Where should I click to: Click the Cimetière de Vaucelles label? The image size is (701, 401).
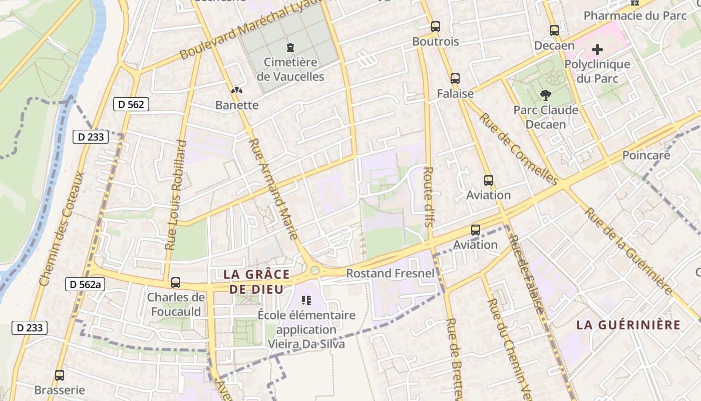290,70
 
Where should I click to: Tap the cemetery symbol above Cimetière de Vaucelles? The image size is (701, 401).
290,48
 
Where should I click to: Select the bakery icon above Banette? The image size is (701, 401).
237,91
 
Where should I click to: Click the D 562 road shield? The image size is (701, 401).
131,104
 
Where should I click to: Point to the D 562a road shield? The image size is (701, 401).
85,285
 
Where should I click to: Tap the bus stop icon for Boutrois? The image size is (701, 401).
436,27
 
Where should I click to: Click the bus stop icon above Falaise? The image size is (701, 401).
455,79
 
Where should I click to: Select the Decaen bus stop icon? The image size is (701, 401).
554,30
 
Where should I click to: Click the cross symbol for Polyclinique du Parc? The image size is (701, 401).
597,50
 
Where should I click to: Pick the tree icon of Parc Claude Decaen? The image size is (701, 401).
546,95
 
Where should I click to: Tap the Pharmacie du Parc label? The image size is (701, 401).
635,16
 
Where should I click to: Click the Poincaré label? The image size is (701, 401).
646,155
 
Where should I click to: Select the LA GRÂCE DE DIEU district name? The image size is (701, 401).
256,282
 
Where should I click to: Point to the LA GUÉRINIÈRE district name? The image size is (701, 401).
628,325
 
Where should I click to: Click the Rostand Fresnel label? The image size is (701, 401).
391,273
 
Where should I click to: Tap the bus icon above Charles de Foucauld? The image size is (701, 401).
176,283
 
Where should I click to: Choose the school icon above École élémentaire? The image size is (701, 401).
306,300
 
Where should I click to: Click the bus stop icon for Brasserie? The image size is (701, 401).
60,375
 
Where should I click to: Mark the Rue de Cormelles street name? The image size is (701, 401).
519,149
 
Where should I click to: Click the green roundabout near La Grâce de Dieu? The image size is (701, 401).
315,271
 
